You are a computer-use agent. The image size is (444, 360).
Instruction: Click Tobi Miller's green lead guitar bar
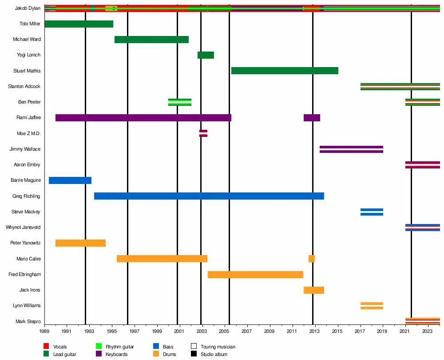coord(79,24)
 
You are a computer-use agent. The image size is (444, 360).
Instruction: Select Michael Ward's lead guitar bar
coord(151,40)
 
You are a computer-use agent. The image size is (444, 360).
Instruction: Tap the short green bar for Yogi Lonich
coord(206,55)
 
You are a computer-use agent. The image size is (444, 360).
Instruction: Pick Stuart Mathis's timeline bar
coord(285,71)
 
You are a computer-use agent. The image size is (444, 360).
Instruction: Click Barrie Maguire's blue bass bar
coord(70,180)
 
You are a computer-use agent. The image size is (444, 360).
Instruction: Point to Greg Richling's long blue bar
coord(209,196)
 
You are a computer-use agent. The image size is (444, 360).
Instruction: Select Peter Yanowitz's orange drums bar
coord(80,243)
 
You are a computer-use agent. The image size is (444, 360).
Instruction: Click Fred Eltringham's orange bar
coord(255,275)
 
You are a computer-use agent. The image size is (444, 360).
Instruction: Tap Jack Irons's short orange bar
coord(314,290)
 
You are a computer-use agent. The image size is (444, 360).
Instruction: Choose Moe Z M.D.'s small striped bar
coord(203,133)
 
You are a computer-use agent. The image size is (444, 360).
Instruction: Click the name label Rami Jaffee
coord(29,118)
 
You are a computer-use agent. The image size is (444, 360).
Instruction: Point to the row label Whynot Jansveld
coord(23,228)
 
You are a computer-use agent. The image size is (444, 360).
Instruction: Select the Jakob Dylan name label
coord(28,8)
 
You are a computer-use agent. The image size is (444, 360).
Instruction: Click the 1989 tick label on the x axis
coord(44,332)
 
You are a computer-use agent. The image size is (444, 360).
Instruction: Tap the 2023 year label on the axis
coord(428,332)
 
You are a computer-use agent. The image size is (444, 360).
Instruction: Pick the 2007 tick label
coord(247,332)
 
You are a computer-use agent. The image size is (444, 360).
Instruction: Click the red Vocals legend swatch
coord(46,347)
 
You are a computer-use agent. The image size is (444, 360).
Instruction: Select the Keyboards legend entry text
coord(117,355)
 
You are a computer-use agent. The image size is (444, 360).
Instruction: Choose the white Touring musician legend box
coord(194,347)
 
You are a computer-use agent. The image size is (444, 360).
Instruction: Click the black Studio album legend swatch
coord(194,354)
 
